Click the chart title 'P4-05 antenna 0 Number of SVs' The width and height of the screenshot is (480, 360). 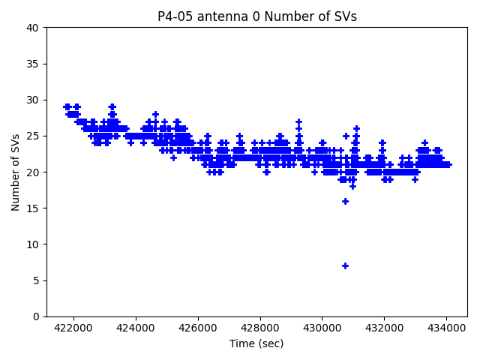click(256, 16)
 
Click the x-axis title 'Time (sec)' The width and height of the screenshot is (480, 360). click(256, 343)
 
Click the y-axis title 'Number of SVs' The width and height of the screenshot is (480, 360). click(16, 172)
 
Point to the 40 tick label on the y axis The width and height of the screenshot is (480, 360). click(34, 28)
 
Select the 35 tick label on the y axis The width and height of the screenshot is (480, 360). click(34, 64)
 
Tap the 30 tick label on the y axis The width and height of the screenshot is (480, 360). click(34, 100)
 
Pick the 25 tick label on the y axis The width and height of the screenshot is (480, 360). click(34, 136)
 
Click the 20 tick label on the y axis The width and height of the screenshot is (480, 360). click(34, 172)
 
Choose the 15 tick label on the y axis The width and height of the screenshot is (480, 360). click(34, 208)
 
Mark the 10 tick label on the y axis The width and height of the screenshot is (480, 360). click(34, 244)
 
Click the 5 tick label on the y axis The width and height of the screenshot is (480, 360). click(37, 280)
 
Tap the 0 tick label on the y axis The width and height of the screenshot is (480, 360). click(37, 316)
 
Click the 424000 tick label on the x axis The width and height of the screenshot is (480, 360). click(135, 328)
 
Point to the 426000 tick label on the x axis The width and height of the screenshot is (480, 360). click(197, 328)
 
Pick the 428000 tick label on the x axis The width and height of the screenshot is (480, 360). click(259, 328)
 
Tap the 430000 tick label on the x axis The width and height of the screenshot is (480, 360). click(322, 328)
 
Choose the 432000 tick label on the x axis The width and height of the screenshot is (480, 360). click(384, 328)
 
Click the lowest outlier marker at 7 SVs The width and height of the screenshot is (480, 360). click(345, 265)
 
